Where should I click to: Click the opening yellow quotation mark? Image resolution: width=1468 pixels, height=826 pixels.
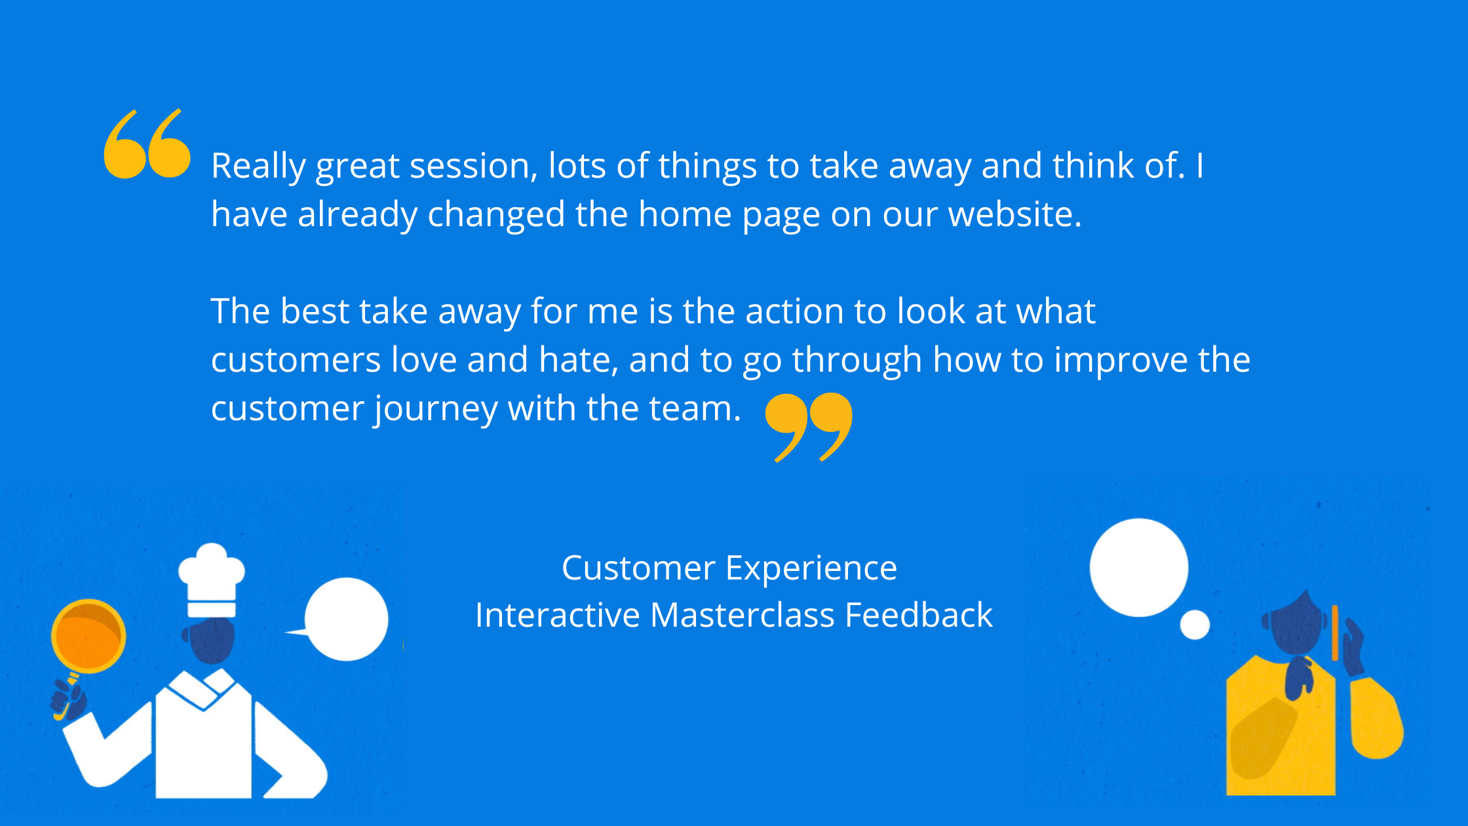[x=147, y=144]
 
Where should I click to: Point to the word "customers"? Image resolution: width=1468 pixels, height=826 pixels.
[x=296, y=360]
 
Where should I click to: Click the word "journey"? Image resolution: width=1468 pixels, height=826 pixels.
[x=435, y=410]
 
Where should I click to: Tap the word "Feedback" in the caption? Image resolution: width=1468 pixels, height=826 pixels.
[x=919, y=615]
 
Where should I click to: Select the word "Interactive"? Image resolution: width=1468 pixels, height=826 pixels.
[x=558, y=615]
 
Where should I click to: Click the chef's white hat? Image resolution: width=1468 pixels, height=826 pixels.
[x=211, y=580]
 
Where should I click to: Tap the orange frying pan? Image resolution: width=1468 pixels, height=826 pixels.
[x=88, y=636]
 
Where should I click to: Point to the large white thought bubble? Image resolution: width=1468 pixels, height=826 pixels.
[x=1139, y=568]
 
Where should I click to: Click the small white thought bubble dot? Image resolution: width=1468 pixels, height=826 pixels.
[x=1195, y=625]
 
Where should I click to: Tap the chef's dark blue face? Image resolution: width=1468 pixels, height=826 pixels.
[x=211, y=640]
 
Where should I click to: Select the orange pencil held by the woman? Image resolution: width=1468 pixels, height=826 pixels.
[x=1335, y=633]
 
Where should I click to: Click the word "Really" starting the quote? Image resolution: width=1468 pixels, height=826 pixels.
[x=258, y=167]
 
